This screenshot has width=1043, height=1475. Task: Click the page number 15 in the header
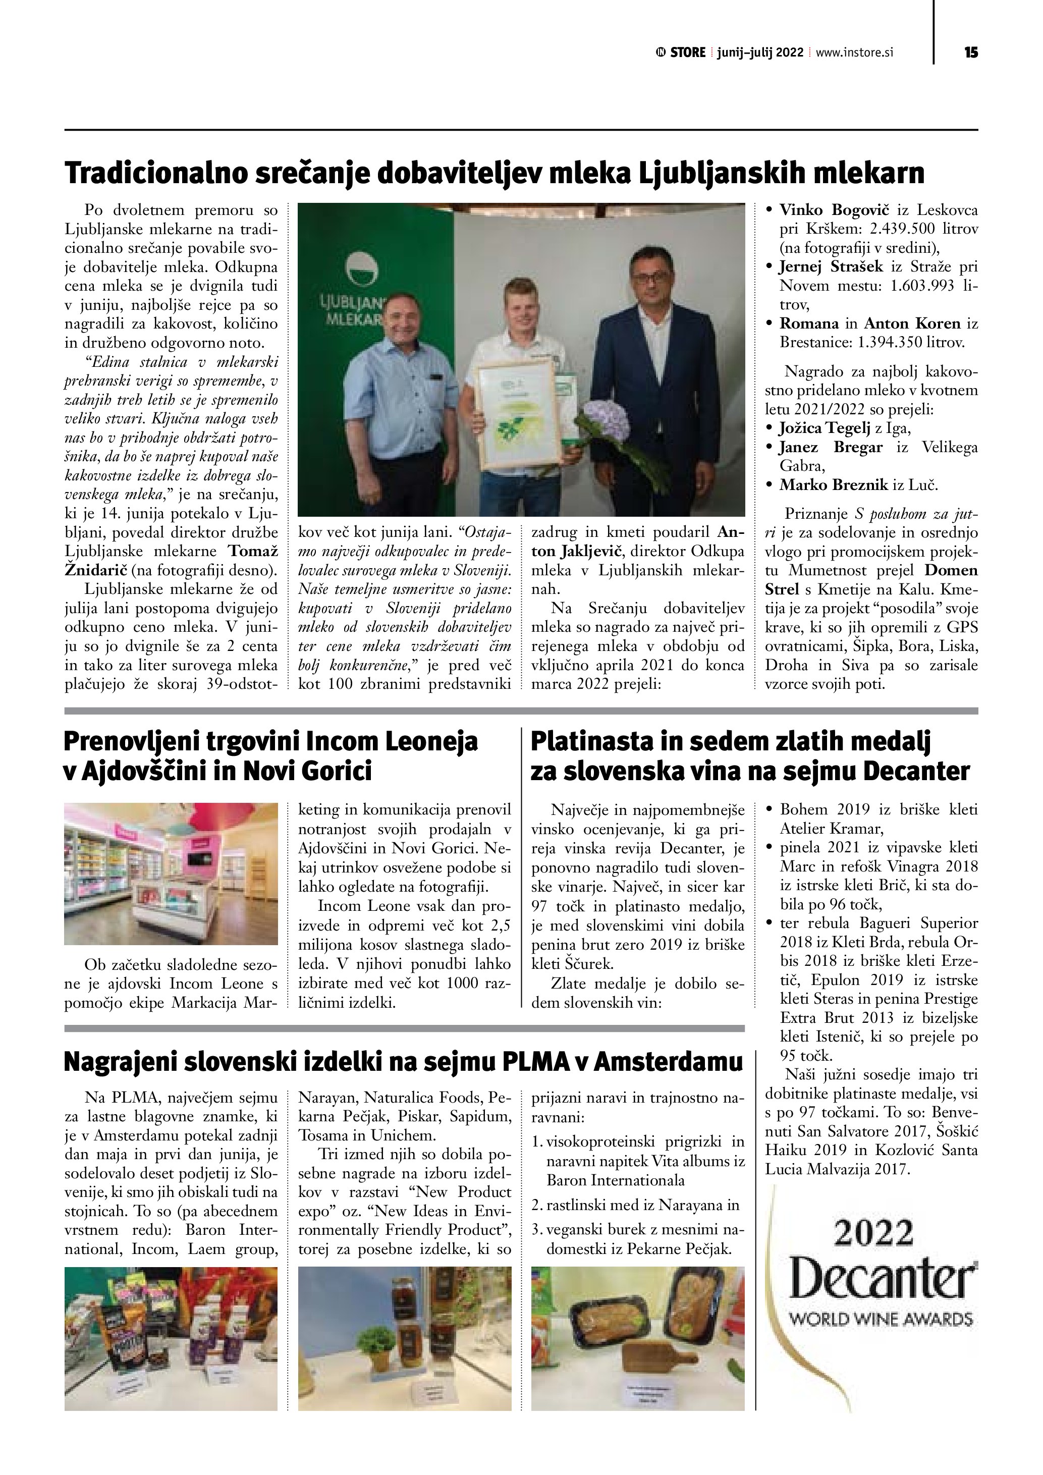pos(970,52)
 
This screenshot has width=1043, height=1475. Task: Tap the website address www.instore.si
pos(854,52)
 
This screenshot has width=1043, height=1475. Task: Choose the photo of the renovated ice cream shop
pos(171,873)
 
